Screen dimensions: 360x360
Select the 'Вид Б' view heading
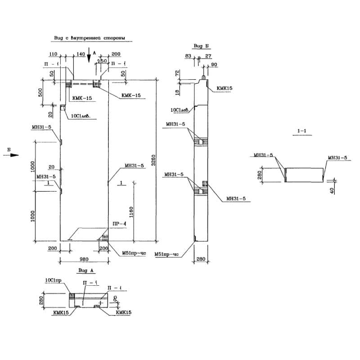[x=200, y=46]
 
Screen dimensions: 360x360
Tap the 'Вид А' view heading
[x=85, y=270]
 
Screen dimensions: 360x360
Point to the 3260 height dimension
[x=153, y=161]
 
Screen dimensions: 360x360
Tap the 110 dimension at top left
[x=53, y=54]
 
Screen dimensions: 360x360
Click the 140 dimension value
[x=81, y=54]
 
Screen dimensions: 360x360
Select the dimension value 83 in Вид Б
[x=188, y=56]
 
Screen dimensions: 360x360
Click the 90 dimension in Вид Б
[x=214, y=65]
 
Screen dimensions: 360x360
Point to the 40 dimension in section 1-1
[x=332, y=191]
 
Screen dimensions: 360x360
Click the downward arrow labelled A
[x=89, y=55]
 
